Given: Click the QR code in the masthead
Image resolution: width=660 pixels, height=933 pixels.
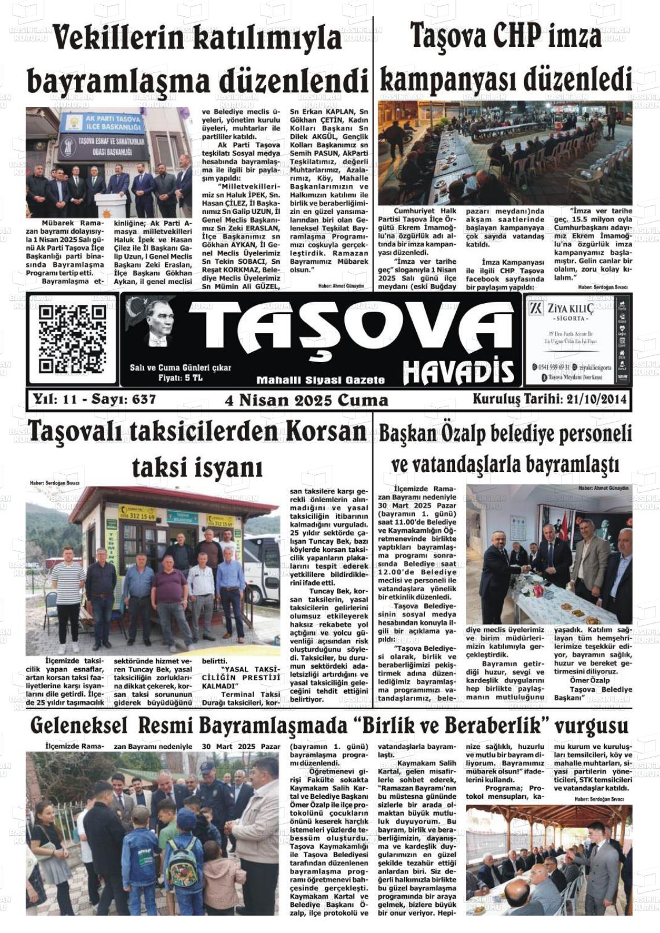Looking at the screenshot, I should coord(72,339).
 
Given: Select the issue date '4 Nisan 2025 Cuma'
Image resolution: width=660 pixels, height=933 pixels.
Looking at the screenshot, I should coord(306,400).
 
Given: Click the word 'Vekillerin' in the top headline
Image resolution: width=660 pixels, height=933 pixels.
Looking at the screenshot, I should coord(119,39).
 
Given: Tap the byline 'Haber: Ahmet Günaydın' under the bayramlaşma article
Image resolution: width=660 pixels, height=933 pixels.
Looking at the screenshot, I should coord(340,286).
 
